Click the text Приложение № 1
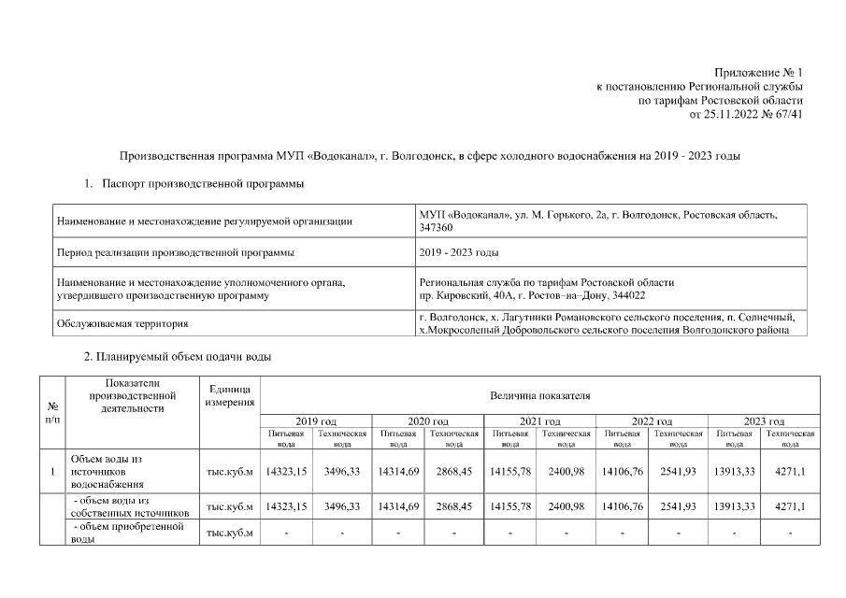pos(758,72)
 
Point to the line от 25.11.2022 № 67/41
pos(745,114)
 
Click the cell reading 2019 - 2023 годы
pos(459,252)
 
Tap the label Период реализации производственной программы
pos(176,252)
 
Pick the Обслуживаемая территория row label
pos(122,323)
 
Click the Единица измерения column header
pos(229,395)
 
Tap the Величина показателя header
pos(539,396)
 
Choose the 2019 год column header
pos(316,422)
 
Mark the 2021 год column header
pos(539,422)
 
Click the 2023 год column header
pos(764,422)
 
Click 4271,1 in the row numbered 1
pos(790,471)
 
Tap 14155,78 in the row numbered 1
pos(509,471)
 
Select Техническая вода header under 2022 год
pos(678,439)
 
